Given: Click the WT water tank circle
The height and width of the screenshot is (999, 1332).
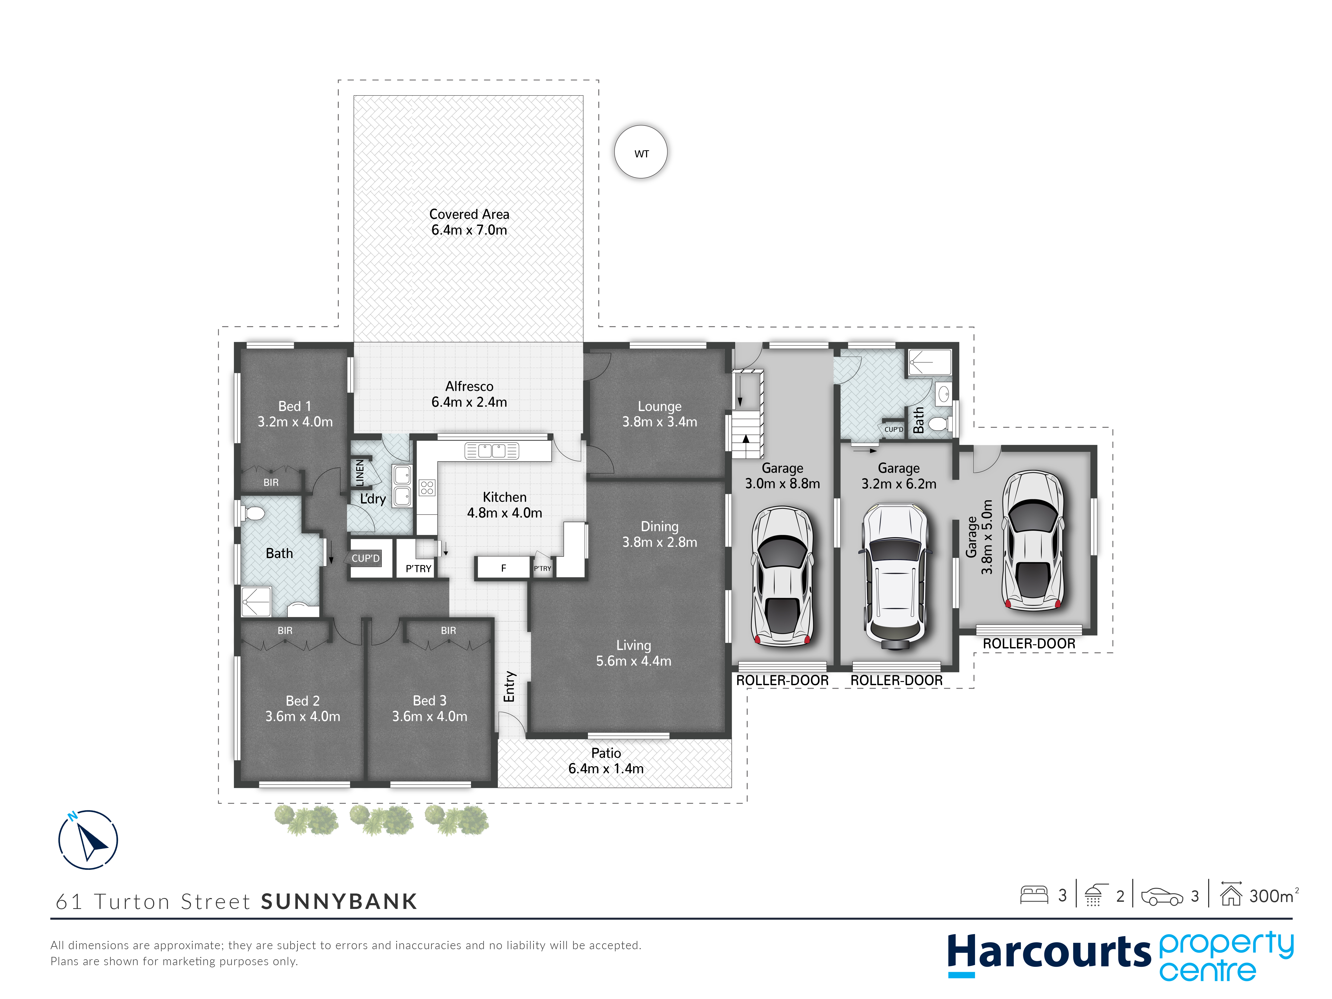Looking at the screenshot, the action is coord(641,152).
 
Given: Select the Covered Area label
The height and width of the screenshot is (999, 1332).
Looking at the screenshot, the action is coord(469,222).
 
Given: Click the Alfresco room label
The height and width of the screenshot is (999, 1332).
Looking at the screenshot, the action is coord(469,394).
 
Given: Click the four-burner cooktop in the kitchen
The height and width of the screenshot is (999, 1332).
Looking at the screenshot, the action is coord(427,487).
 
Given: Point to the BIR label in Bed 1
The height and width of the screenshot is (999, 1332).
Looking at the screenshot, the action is coord(271,482).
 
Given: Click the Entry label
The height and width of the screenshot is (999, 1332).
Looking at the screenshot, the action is coord(509,687).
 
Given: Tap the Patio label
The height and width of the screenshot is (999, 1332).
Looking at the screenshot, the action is coord(606,761).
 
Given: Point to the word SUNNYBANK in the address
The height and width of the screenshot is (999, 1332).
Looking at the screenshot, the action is coord(339,901).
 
